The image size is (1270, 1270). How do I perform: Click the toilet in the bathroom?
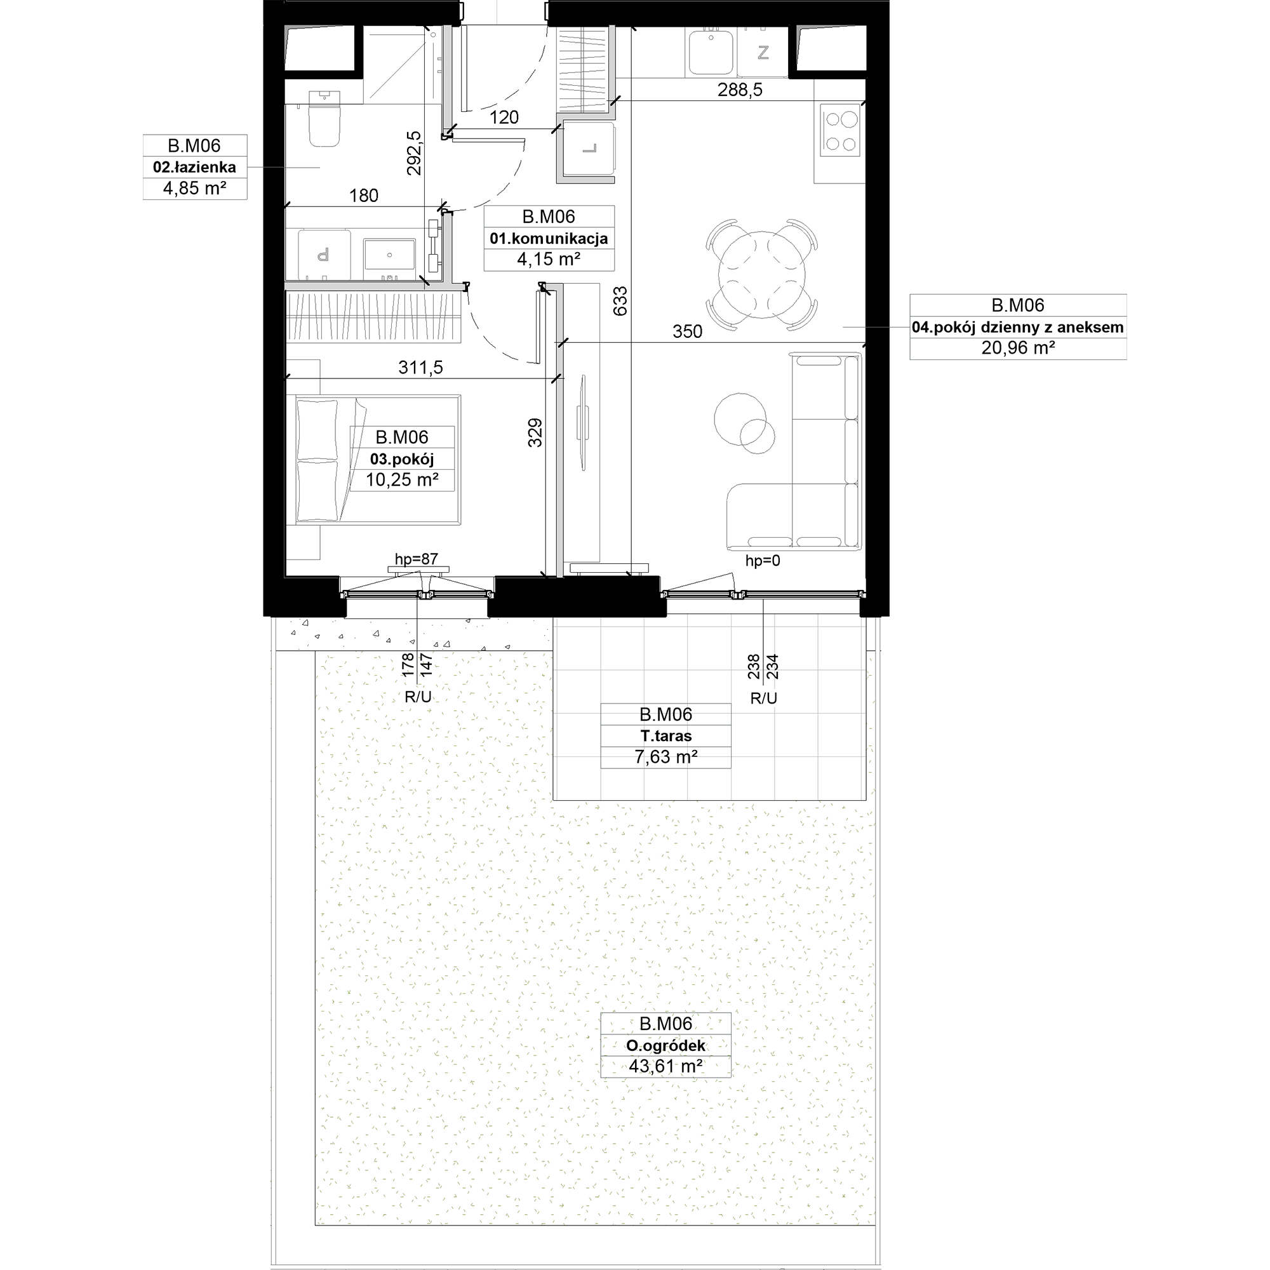(x=324, y=118)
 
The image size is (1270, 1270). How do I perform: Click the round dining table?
(x=762, y=274)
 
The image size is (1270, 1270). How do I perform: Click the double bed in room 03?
(x=378, y=459)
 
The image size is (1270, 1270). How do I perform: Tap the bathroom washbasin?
(x=389, y=255)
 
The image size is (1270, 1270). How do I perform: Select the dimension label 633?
(x=620, y=301)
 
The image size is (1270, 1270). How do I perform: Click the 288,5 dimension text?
(x=740, y=90)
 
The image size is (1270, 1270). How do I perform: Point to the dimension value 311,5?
(x=421, y=368)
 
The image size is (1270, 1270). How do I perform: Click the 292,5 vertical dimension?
(x=414, y=153)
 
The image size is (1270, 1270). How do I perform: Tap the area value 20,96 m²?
(x=1017, y=348)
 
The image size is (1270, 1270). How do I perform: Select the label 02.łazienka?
(x=194, y=167)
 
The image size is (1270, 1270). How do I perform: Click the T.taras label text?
(x=665, y=736)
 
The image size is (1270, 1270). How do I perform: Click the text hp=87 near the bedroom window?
(x=416, y=559)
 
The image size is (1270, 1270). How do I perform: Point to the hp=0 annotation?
(x=763, y=561)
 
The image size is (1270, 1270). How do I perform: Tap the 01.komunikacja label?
(x=549, y=239)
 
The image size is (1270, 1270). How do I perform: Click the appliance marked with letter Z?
(x=763, y=53)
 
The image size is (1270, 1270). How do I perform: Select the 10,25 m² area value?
(x=402, y=480)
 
